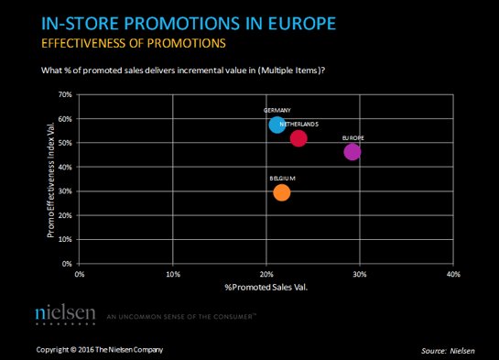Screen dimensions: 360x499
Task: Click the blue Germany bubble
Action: pos(277,125)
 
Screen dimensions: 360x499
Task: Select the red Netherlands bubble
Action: pos(298,138)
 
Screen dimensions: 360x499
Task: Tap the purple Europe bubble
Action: pos(353,151)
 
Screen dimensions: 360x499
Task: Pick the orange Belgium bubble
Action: pos(281,192)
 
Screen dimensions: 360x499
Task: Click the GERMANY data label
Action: pos(277,110)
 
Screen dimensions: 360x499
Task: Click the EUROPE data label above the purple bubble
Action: pos(353,137)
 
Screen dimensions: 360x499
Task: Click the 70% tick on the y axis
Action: pos(65,94)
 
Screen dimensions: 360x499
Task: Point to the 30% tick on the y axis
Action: pos(65,191)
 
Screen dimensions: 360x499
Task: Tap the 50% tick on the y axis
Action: pos(65,143)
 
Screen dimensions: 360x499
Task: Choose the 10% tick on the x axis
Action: pos(173,273)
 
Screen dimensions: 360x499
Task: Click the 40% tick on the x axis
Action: pos(452,273)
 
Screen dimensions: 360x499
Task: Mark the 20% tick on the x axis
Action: pos(266,273)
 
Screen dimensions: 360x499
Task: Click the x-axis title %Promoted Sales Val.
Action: pos(266,288)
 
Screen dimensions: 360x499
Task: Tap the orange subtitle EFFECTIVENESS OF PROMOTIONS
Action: pos(127,43)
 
